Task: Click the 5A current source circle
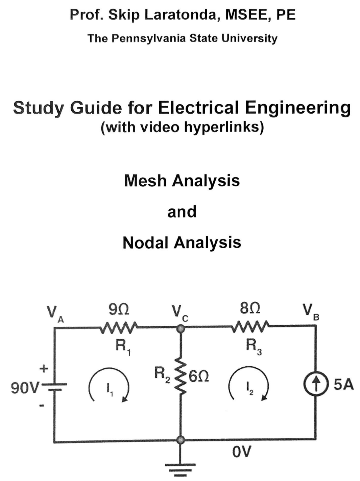(x=315, y=384)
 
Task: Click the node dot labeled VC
(x=181, y=327)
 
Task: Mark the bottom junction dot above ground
(x=181, y=440)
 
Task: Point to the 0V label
(x=242, y=452)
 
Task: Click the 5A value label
(x=343, y=385)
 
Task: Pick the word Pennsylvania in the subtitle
(x=148, y=38)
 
